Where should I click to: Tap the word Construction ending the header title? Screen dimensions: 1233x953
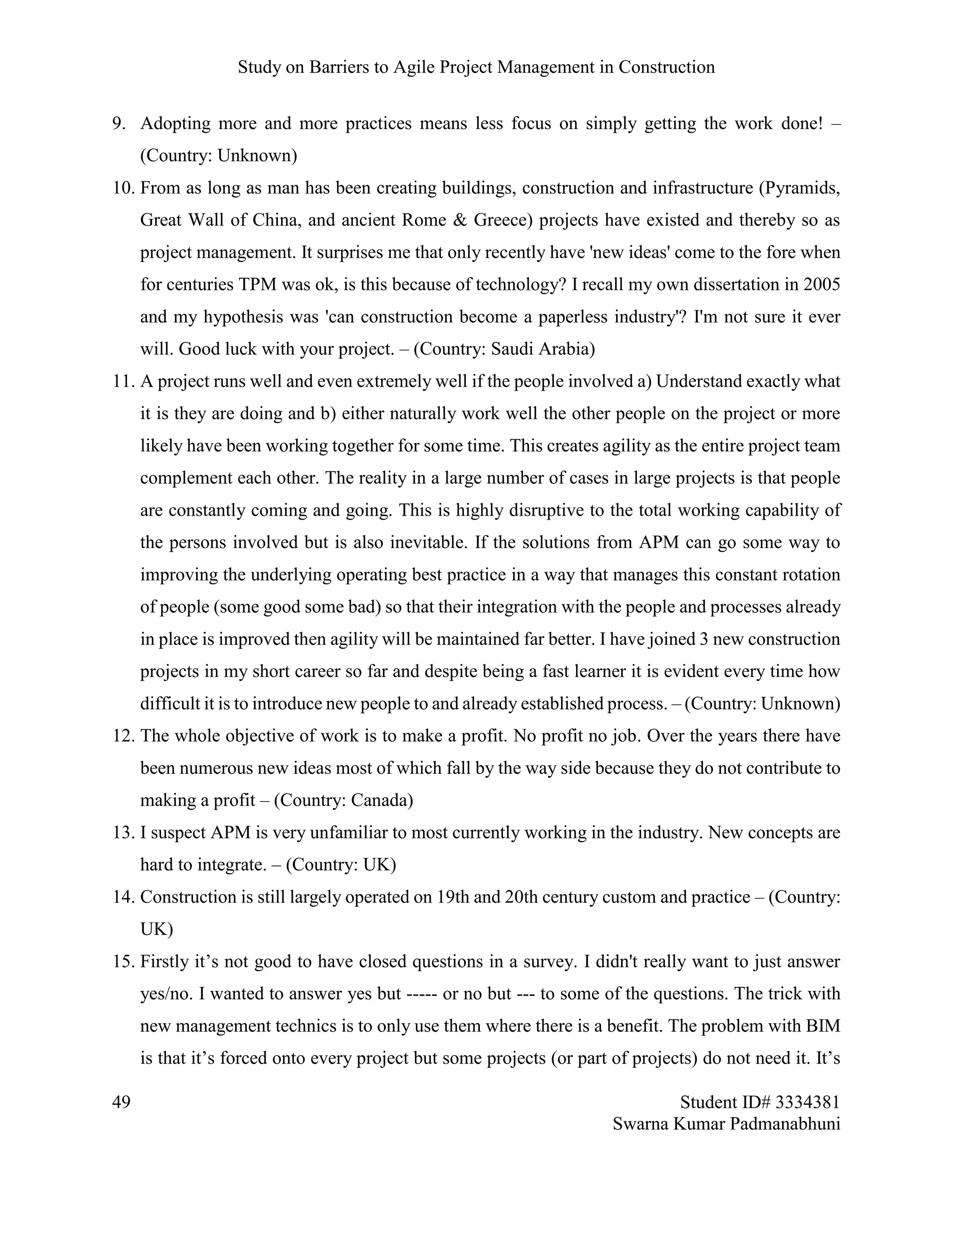pos(666,67)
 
